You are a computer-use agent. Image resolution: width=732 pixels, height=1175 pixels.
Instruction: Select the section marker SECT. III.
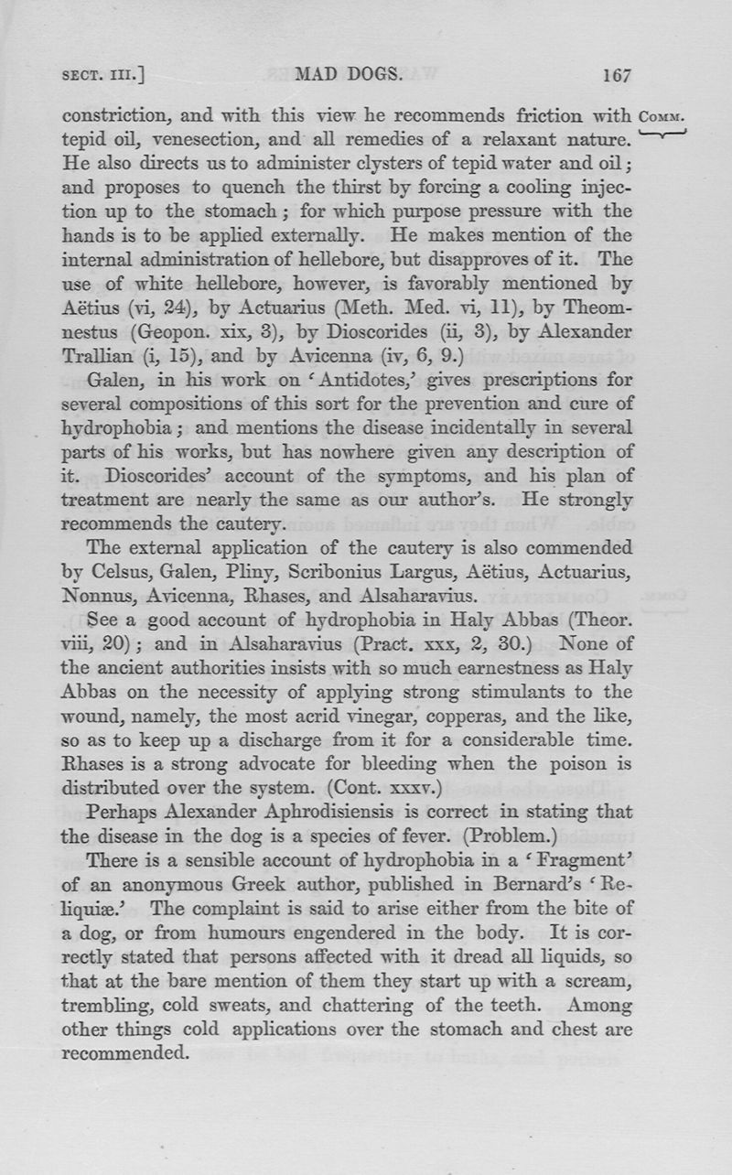[104, 77]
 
